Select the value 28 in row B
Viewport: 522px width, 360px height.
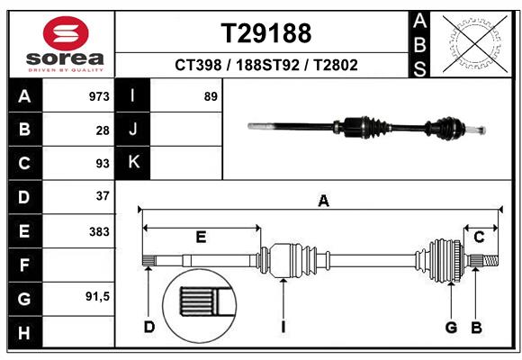point(103,130)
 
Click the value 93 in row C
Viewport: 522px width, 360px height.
point(103,164)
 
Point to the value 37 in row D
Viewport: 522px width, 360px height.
point(103,196)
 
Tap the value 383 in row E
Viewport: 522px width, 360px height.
point(99,231)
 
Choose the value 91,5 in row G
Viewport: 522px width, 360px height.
point(97,296)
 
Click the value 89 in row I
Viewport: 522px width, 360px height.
point(211,96)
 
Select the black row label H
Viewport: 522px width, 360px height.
point(24,333)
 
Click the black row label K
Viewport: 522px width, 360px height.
point(133,162)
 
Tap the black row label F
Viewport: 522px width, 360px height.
point(24,265)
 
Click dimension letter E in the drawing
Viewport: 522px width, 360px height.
point(201,237)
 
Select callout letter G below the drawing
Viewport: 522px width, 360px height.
point(451,326)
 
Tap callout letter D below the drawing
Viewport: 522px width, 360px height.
point(149,326)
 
